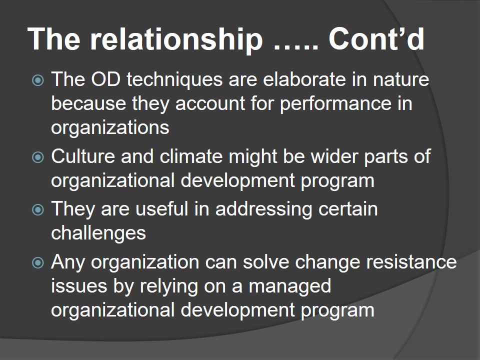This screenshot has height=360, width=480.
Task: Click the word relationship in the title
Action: tap(176, 39)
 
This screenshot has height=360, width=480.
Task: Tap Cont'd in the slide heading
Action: tap(376, 38)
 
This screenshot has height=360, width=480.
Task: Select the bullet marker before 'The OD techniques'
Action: tap(38, 80)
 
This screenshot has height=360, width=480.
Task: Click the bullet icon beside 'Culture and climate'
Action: tap(38, 157)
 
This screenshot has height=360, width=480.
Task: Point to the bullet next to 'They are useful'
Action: tap(38, 210)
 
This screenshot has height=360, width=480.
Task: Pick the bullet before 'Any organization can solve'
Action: tap(38, 262)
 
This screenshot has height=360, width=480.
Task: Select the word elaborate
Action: tap(304, 79)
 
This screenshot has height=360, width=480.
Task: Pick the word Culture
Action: tap(83, 156)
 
